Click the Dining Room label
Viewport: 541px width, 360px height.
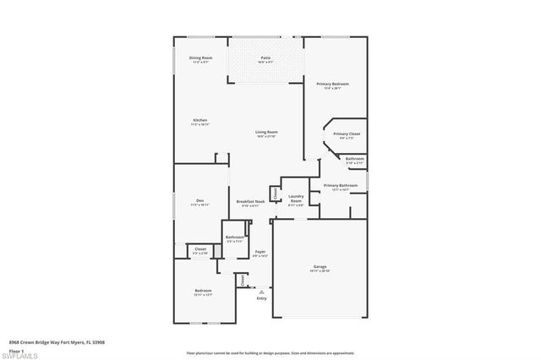tap(200, 57)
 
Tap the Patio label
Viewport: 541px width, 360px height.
tap(265, 57)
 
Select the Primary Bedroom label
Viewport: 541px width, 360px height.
tap(333, 85)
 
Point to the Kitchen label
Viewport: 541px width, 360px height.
tap(200, 120)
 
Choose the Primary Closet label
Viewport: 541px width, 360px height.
tap(347, 134)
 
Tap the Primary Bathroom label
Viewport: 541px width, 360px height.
tap(341, 185)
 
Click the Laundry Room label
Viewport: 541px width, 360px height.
tap(296, 198)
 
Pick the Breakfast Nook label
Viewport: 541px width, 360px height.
tap(251, 200)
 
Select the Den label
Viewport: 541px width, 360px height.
tap(198, 200)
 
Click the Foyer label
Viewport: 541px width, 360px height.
tap(260, 252)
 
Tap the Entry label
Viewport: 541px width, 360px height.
tap(261, 297)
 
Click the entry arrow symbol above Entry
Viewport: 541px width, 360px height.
tap(261, 291)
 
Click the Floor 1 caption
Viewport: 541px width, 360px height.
tap(16, 347)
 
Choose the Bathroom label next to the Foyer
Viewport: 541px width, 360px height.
tap(235, 237)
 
